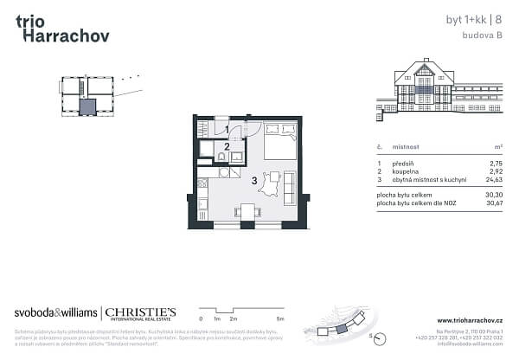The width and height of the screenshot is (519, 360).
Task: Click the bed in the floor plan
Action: tap(279, 142)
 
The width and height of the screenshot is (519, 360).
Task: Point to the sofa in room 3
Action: tap(289, 187)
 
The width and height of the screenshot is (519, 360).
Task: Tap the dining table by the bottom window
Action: tap(248, 211)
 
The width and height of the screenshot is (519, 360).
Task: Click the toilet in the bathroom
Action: tap(221, 157)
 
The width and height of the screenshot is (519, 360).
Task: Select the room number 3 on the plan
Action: tap(253, 181)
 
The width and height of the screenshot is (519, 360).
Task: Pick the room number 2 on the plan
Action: tap(226, 146)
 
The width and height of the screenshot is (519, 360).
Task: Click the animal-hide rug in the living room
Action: tap(271, 185)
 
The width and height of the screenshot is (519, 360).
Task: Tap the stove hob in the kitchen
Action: tap(202, 183)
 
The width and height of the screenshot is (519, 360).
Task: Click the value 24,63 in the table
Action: tap(493, 179)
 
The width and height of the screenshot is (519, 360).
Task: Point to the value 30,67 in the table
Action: tap(493, 203)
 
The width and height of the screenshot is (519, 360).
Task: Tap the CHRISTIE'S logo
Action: tap(142, 312)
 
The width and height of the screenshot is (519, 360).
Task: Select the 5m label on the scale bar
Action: tap(278, 319)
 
